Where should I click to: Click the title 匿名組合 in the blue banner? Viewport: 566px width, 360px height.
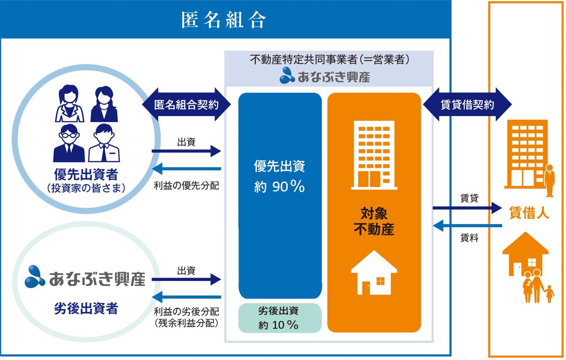(x=223, y=20)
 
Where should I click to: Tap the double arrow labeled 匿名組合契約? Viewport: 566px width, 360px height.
(x=186, y=104)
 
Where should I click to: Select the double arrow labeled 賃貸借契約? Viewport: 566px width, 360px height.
(x=467, y=104)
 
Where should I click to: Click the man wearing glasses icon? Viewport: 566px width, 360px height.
(x=69, y=143)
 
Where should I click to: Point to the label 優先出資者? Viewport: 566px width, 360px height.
(x=86, y=174)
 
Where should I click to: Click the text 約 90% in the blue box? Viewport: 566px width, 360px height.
(x=279, y=187)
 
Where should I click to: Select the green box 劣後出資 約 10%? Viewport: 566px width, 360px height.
(x=280, y=318)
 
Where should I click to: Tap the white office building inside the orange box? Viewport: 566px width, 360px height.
(x=374, y=155)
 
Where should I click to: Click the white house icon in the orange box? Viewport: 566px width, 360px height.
(x=374, y=272)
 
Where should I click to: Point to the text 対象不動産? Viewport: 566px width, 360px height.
(x=374, y=221)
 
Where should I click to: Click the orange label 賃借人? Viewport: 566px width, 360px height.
(x=529, y=213)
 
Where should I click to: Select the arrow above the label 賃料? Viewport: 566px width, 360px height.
(x=467, y=226)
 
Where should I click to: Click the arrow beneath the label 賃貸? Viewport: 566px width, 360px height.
(x=467, y=208)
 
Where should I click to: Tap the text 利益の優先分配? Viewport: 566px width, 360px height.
(x=186, y=185)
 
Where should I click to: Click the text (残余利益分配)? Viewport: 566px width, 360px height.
(x=186, y=323)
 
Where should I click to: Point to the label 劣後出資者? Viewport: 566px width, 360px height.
(x=86, y=308)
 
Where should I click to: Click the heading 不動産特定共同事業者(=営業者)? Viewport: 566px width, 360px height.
(x=329, y=59)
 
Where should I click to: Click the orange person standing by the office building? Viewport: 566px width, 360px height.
(x=549, y=181)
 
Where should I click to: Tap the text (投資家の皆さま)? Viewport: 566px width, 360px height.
(x=86, y=188)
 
